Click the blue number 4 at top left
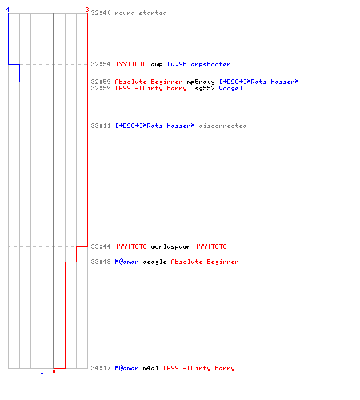[8, 10]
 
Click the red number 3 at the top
[87, 10]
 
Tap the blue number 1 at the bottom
[42, 371]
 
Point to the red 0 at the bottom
[54, 371]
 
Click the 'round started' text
[141, 13]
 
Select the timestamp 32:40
[101, 13]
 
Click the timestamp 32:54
[101, 64]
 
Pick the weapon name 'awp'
[157, 65]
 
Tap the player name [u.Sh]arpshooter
[199, 64]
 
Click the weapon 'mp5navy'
[201, 82]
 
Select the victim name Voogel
[230, 88]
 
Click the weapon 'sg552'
[205, 88]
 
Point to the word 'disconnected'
[222, 126]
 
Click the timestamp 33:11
[101, 126]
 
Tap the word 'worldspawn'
[170, 246]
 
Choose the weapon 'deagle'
[154, 262]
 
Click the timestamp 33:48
[101, 262]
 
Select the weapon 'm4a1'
[151, 368]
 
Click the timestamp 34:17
[101, 368]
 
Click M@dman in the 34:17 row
[126, 368]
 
